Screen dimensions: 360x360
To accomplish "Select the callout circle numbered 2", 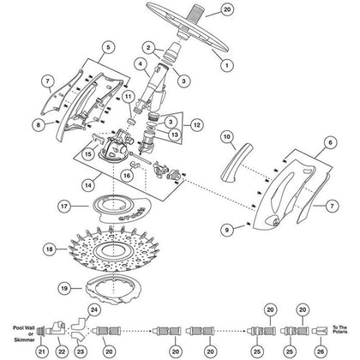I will [148, 47].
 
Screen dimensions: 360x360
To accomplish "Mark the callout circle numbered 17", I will [87, 207].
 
